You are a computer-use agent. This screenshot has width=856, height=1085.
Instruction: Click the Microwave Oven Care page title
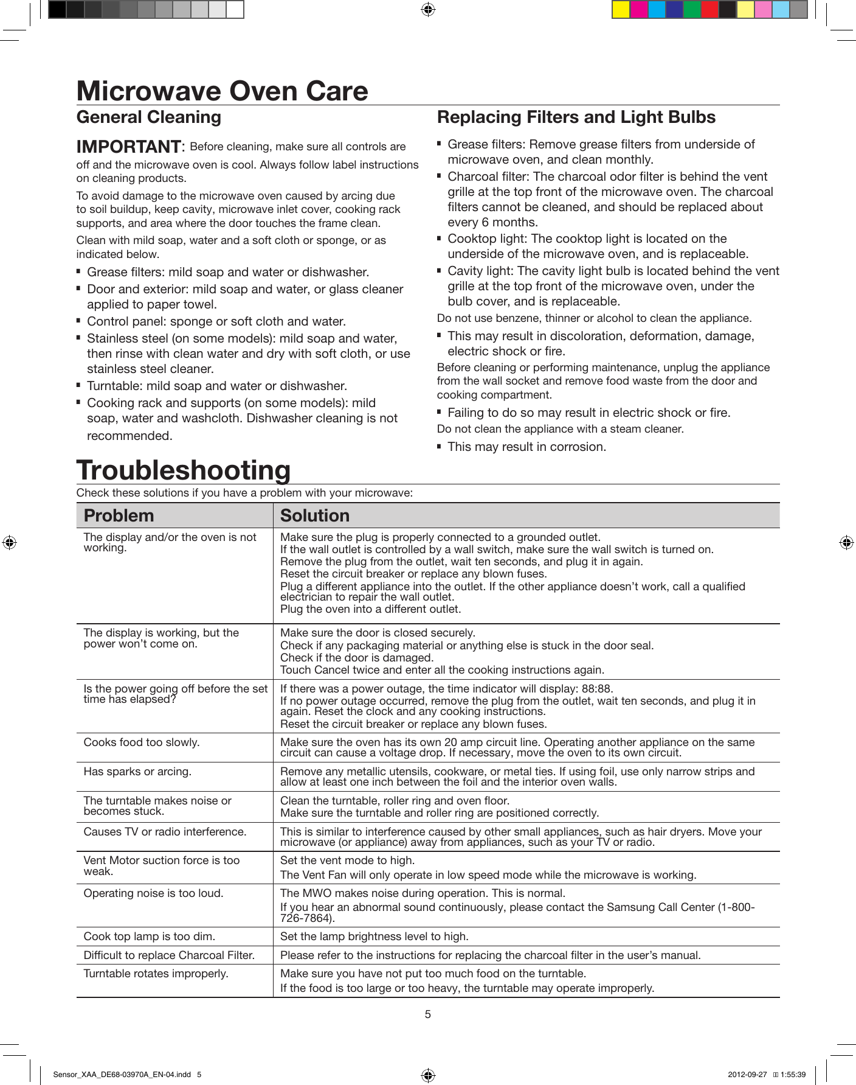point(222,91)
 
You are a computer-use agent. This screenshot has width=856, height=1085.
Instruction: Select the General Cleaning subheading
point(149,117)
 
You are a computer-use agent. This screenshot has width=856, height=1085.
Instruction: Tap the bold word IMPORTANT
point(128,147)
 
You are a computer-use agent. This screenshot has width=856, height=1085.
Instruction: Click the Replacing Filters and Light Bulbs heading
point(576,117)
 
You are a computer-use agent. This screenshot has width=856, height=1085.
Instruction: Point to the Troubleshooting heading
point(184,470)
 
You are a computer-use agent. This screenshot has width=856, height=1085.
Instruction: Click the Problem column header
point(119,515)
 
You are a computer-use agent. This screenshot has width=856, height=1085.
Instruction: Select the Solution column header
point(314,515)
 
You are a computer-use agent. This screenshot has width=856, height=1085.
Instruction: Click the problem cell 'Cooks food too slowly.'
point(142,742)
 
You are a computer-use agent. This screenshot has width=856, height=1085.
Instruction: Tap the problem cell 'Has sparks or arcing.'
point(137,772)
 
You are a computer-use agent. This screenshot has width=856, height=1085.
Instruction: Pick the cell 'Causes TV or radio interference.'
point(165,832)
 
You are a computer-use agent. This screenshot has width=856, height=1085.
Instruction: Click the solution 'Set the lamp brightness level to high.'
point(374,937)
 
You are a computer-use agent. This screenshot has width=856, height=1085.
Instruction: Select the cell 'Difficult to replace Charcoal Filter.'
point(169,955)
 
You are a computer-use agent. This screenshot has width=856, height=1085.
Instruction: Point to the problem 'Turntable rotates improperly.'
point(156,974)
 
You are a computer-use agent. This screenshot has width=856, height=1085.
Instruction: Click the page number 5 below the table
point(428,1014)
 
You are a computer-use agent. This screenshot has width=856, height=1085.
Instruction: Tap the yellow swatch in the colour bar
point(621,10)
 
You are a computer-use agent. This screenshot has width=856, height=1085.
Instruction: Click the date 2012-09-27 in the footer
point(747,1075)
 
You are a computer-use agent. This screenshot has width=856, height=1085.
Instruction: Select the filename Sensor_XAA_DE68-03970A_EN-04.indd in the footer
point(122,1075)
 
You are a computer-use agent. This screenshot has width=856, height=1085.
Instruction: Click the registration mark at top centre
point(428,10)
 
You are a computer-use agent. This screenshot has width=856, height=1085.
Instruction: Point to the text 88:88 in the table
point(596,689)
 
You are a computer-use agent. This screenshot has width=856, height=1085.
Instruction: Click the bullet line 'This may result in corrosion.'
point(526,447)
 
